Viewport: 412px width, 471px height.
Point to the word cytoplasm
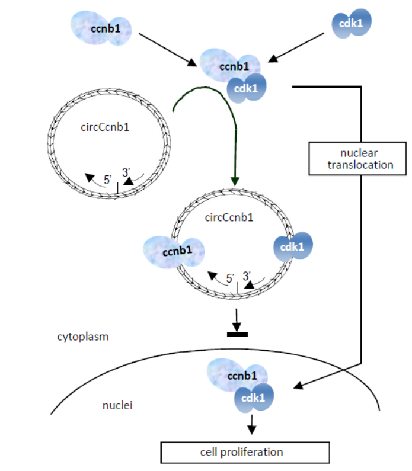pos(83,337)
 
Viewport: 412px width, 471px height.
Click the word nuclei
pos(117,405)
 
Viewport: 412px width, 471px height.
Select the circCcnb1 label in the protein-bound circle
pos(228,217)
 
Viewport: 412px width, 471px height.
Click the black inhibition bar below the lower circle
pos(237,334)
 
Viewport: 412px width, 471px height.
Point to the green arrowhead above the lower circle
pos(235,180)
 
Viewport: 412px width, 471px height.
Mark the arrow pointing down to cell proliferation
pos(252,422)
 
